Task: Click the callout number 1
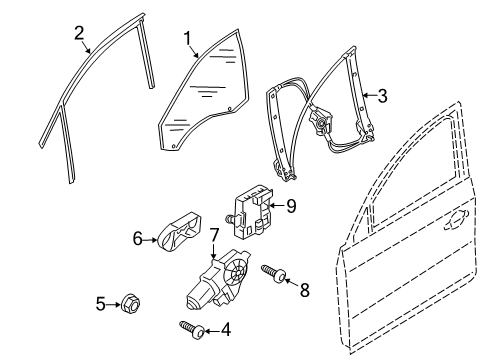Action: (x=188, y=38)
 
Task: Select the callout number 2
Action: (x=79, y=33)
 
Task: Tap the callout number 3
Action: (x=382, y=96)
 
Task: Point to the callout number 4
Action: (x=226, y=330)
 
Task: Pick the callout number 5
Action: (x=101, y=304)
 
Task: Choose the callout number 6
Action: (x=138, y=239)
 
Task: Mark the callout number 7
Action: (x=214, y=235)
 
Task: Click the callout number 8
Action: (x=305, y=290)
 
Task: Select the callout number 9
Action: (x=291, y=206)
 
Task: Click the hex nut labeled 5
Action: (x=130, y=303)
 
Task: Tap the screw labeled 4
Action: (x=193, y=329)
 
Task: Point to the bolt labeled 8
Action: (x=274, y=274)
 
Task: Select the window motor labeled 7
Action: (x=217, y=280)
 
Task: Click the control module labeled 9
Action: (x=251, y=212)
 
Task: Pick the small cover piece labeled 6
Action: (x=180, y=232)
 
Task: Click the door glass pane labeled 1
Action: (x=204, y=90)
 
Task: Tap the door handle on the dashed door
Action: (x=457, y=220)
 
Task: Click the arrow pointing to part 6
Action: (x=150, y=239)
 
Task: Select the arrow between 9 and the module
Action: (x=277, y=205)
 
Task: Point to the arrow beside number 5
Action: (x=114, y=304)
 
